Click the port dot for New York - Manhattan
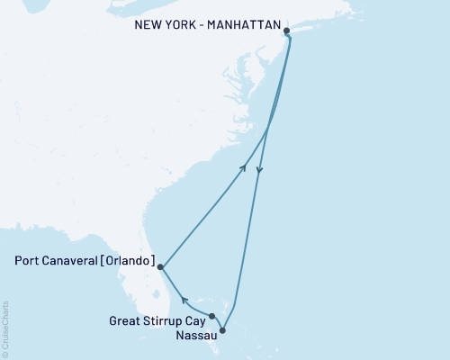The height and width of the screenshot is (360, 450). (x=287, y=31)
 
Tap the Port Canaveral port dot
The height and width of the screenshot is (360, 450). (x=159, y=266)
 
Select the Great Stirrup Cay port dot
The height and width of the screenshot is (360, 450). (x=211, y=316)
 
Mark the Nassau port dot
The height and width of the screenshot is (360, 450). (x=222, y=330)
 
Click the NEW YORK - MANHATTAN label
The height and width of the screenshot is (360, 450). (x=207, y=25)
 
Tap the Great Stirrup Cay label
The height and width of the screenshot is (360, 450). (x=157, y=319)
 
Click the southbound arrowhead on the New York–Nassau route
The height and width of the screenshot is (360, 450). (x=259, y=171)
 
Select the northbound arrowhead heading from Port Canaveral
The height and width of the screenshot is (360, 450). (x=243, y=166)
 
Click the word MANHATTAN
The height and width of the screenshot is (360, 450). (x=245, y=25)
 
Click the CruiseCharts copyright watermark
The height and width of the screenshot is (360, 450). (x=5, y=329)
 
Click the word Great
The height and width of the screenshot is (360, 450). (x=125, y=319)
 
